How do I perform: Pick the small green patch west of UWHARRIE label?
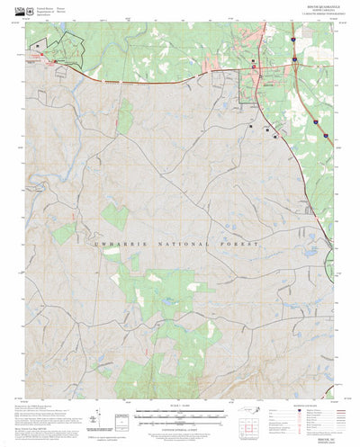(64, 234)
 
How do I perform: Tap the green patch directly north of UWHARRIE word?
(115, 217)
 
